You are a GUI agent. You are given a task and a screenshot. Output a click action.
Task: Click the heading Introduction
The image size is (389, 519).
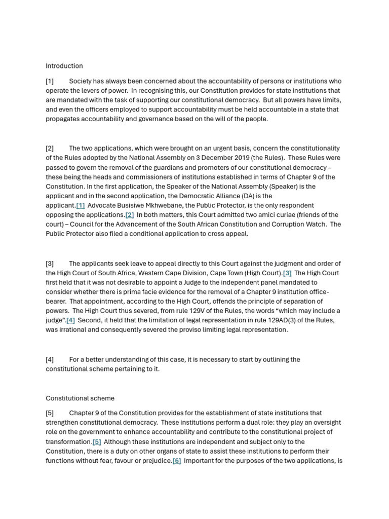[x=64, y=66]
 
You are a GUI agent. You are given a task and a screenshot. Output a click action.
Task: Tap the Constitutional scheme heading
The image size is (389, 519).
[x=80, y=398]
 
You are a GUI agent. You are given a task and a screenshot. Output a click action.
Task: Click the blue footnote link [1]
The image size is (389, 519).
[x=81, y=205]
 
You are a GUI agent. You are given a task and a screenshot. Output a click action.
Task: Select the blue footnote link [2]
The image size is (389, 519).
[x=130, y=215]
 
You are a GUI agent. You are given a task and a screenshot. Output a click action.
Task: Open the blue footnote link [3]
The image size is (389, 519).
[x=287, y=273]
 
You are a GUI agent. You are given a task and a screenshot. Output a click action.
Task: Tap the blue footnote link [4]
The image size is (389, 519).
[x=70, y=320]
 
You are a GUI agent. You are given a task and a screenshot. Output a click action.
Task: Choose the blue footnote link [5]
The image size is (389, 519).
[x=97, y=441]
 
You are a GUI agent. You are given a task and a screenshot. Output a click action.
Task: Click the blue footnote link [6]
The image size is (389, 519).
[x=177, y=461]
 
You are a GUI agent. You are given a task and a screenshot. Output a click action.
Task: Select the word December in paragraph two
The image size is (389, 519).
[x=209, y=158]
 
